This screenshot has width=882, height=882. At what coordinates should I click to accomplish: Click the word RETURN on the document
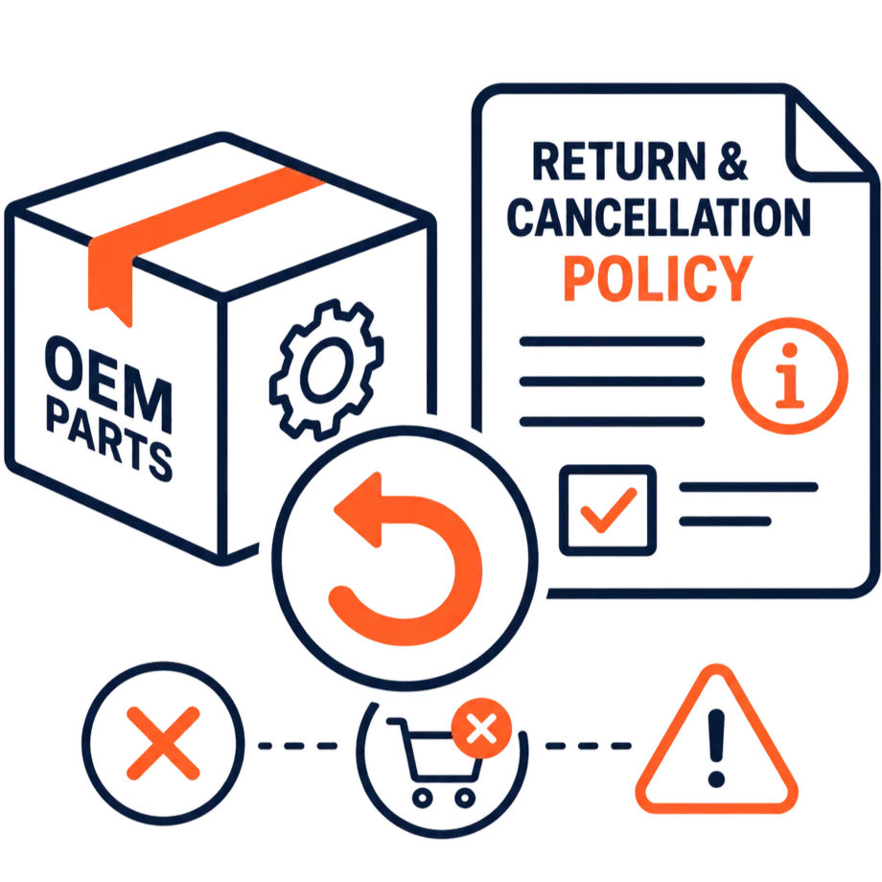618,161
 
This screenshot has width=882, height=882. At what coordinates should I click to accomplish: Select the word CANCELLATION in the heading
659,217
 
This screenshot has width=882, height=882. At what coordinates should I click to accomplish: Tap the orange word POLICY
658,278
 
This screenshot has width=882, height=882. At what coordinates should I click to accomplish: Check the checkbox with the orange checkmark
608,510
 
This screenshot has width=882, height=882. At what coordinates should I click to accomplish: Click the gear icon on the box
327,369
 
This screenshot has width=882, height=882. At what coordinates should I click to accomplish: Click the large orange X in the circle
163,743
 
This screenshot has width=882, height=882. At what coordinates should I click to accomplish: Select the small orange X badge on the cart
481,729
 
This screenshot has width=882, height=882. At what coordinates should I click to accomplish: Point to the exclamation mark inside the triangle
716,748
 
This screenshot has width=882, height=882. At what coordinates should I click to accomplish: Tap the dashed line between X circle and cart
297,746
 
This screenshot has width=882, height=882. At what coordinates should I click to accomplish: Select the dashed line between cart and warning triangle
589,746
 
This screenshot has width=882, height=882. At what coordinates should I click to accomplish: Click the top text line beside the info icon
612,341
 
